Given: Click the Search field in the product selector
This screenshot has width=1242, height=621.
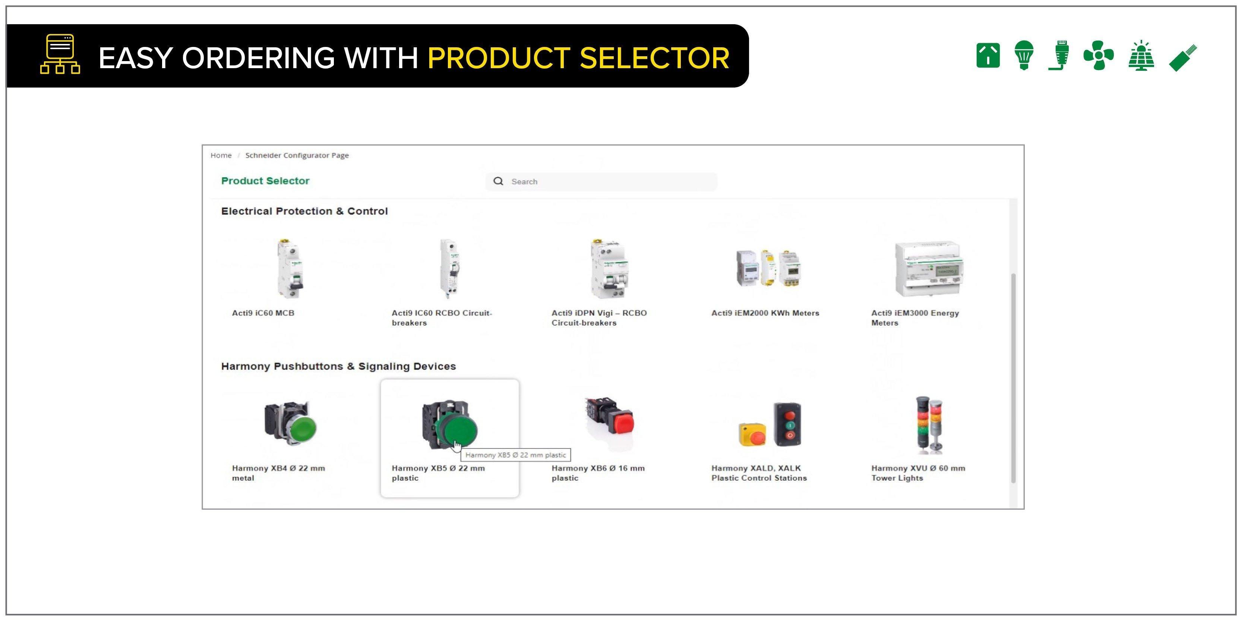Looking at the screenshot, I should (x=607, y=181).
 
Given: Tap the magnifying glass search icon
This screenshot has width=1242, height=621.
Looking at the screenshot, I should (x=498, y=181).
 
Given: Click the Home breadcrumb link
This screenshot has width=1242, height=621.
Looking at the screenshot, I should (x=221, y=155).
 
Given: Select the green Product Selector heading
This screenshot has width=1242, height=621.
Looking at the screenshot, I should (x=265, y=181).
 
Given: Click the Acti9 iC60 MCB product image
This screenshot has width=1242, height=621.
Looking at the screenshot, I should (x=290, y=269).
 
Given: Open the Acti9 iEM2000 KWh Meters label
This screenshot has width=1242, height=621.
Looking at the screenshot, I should (x=765, y=313).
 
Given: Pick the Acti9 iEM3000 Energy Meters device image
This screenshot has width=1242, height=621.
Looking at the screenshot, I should (x=929, y=269).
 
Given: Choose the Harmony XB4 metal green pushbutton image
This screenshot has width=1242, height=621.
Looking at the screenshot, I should (x=291, y=423).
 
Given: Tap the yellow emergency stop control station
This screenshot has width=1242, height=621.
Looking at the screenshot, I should (x=752, y=434).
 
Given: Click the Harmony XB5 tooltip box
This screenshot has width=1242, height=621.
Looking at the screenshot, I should (x=515, y=454).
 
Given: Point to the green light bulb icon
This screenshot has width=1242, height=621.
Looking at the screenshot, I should (x=1024, y=55).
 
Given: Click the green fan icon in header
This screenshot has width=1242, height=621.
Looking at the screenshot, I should (x=1098, y=56).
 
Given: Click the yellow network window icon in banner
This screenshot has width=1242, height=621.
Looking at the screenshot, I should (x=60, y=54).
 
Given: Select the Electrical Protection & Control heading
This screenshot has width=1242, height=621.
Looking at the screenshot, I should (x=304, y=211).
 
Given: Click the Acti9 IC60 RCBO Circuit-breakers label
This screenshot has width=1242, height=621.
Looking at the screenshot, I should (x=441, y=318).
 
